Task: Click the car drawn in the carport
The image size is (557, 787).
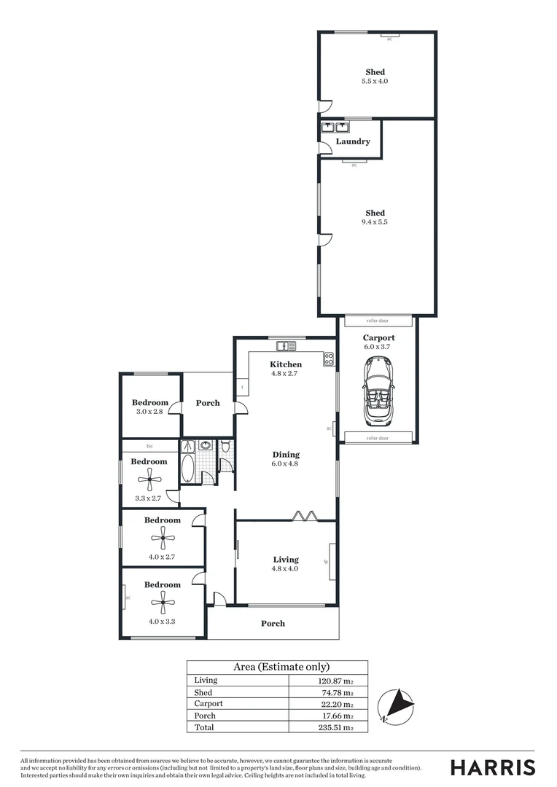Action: (377, 391)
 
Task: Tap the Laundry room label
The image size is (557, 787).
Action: (353, 141)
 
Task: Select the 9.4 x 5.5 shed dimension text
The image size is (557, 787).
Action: (375, 222)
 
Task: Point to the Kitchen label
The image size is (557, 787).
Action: (286, 364)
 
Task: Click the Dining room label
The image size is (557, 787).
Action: (285, 455)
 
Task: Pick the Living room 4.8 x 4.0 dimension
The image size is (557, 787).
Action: (285, 569)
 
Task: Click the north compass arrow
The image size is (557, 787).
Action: (398, 705)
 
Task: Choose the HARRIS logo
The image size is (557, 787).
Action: (492, 767)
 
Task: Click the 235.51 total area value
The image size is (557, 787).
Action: (338, 727)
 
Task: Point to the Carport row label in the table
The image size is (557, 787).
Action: (209, 704)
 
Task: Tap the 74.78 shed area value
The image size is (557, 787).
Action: (340, 692)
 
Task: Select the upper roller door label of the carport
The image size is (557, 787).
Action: (377, 321)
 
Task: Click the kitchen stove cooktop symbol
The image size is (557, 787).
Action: (328, 358)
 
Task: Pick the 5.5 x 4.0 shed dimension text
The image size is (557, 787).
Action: (375, 81)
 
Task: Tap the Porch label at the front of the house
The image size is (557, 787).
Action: (273, 623)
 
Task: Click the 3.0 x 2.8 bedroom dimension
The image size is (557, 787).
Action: (149, 412)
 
